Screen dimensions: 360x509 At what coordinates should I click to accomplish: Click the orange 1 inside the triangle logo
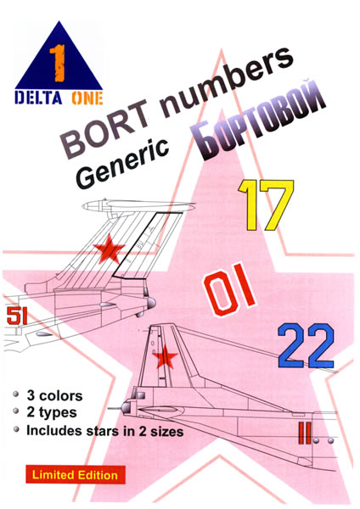pyautogui.click(x=58, y=63)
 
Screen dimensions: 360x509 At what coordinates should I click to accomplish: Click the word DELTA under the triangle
pyautogui.click(x=38, y=98)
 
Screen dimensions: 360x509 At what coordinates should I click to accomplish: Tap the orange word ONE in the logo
pyautogui.click(x=87, y=98)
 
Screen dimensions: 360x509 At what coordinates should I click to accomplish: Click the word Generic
pyautogui.click(x=124, y=163)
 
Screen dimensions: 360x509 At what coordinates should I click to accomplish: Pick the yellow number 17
pyautogui.click(x=266, y=205)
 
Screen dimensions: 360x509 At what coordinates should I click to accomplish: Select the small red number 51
pyautogui.click(x=17, y=316)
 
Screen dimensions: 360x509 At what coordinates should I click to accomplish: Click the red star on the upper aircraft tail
pyautogui.click(x=109, y=249)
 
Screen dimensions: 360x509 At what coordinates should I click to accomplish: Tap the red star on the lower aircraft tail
pyautogui.click(x=165, y=357)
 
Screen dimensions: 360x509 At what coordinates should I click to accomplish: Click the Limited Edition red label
pyautogui.click(x=75, y=474)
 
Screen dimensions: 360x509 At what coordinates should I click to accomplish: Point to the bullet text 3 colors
pyautogui.click(x=54, y=395)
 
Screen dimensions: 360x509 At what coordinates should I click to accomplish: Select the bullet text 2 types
pyautogui.click(x=52, y=412)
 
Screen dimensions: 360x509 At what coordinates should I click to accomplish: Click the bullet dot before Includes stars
pyautogui.click(x=16, y=429)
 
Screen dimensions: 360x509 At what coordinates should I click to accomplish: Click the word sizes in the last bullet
pyautogui.click(x=166, y=432)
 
